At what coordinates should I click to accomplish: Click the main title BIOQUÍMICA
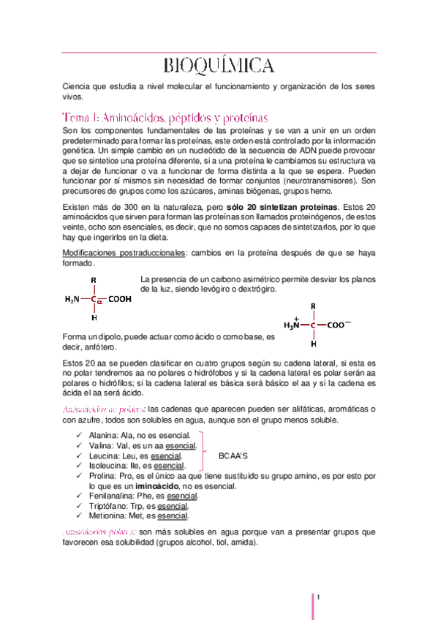coord(219,67)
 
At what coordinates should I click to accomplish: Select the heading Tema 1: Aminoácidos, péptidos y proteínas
coord(166,117)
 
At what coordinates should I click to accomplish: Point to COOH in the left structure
coord(121,298)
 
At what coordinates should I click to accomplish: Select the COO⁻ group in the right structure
coord(339,325)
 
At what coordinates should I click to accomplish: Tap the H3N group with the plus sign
coord(292,325)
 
